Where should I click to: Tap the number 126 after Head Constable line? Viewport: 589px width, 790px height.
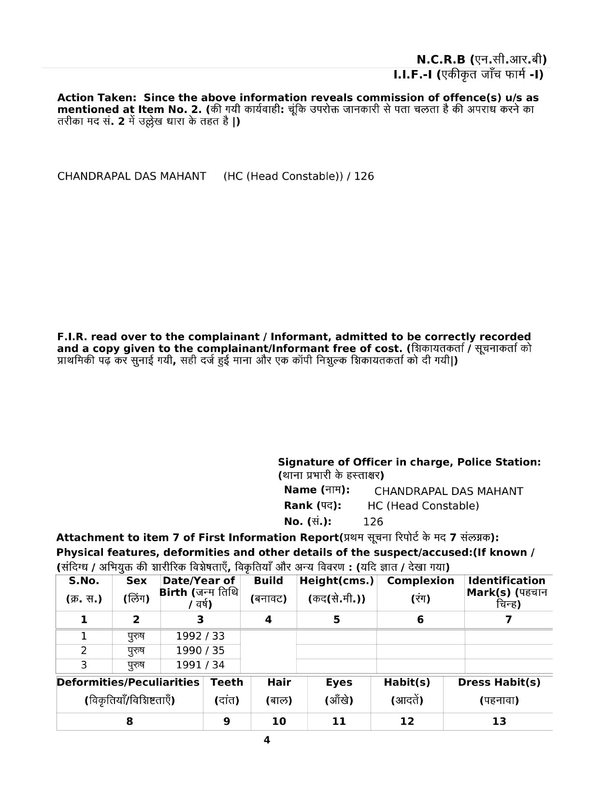click(364, 176)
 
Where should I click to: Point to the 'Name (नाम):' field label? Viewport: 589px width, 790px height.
click(316, 490)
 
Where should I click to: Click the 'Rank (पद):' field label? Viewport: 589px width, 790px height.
click(313, 506)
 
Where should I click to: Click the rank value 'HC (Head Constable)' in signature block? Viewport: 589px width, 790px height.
click(423, 506)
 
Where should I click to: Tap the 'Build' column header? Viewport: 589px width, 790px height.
click(268, 580)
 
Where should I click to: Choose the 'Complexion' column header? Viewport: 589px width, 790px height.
click(420, 580)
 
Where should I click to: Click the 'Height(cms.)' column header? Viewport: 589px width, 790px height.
click(337, 580)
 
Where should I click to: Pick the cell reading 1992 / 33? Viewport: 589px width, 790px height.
click(200, 636)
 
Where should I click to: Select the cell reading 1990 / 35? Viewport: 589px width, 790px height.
click(200, 650)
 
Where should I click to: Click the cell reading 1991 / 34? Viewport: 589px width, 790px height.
click(200, 665)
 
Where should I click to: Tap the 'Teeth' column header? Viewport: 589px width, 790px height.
click(227, 682)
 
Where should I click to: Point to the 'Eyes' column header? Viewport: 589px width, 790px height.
click(339, 682)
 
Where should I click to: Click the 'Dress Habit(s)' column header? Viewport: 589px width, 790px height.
click(499, 682)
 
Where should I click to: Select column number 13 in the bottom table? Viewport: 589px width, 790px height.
click(499, 721)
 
